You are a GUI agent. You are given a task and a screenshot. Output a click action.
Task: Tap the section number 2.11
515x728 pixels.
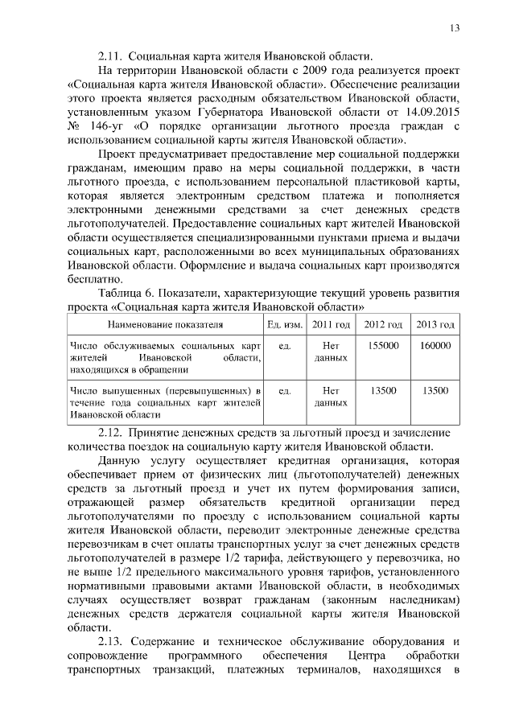click(109, 56)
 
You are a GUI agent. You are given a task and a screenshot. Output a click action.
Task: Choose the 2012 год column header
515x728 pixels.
click(382, 324)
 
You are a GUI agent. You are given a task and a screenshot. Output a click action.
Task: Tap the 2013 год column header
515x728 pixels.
click(435, 324)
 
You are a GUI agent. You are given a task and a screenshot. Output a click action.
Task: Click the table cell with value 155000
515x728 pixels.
click(382, 345)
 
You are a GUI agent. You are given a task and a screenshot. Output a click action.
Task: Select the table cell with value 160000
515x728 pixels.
click(435, 345)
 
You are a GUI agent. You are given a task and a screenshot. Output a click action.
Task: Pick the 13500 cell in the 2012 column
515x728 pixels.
click(382, 390)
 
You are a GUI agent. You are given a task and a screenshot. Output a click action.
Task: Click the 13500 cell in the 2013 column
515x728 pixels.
click(435, 390)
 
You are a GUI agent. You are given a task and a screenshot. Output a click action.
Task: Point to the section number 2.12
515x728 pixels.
click(109, 432)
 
